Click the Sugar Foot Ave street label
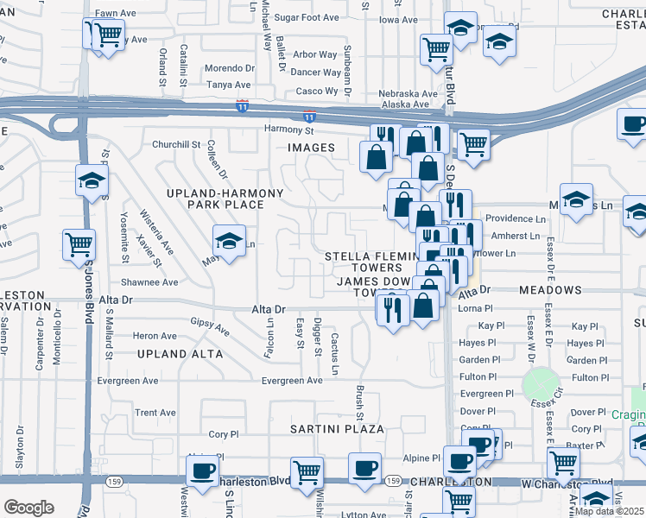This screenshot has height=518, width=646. click(x=307, y=17)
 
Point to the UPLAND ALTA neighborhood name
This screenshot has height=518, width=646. click(x=179, y=354)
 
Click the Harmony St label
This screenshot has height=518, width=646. click(x=288, y=130)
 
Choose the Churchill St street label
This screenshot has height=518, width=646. click(x=176, y=144)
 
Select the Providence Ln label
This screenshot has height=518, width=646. click(x=515, y=219)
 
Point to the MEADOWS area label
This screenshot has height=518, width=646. click(x=550, y=291)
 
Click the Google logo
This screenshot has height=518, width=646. click(x=28, y=508)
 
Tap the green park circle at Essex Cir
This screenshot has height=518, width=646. click(x=541, y=383)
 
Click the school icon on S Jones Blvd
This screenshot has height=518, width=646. click(x=92, y=180)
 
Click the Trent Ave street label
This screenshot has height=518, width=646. click(x=155, y=413)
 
